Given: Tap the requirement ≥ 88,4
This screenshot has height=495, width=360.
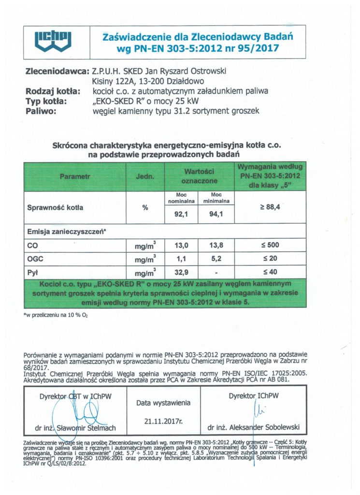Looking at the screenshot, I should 270,207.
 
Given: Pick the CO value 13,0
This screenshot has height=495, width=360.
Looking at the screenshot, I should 181,246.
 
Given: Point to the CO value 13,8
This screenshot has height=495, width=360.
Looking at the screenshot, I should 216,246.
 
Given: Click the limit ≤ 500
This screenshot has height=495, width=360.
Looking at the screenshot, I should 270,246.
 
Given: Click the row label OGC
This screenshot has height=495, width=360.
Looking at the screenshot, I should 35,259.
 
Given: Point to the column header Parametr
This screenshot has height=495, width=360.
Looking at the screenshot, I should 74,177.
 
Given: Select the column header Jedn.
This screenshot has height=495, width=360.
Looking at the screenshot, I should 145,177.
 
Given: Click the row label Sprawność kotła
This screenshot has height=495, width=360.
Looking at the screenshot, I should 56,208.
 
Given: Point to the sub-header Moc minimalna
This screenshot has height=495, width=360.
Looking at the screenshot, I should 216,198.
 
